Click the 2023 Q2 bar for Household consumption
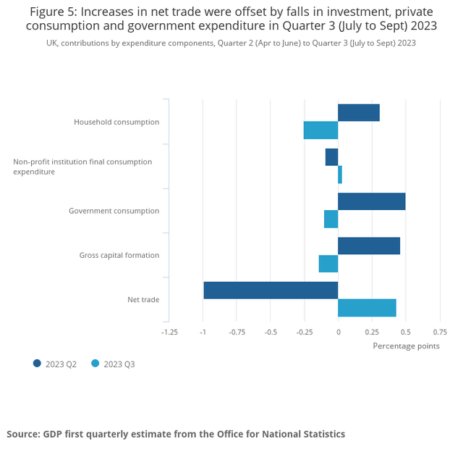[359, 112]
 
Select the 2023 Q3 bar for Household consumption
[320, 130]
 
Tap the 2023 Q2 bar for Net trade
[271, 290]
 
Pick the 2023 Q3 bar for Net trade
[367, 308]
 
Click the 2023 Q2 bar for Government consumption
[371, 201]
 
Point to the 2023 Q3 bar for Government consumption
[331, 219]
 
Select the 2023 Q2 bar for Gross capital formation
[369, 246]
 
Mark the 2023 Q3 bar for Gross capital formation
[328, 264]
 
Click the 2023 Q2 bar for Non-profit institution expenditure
[331, 157]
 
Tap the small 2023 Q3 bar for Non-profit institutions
[340, 175]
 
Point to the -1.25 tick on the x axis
[169, 332]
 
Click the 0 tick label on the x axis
[338, 332]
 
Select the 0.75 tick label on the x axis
[439, 332]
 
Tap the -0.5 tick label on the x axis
[271, 332]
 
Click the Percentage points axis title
[406, 346]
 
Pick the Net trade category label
[143, 299]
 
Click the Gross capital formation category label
[119, 255]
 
